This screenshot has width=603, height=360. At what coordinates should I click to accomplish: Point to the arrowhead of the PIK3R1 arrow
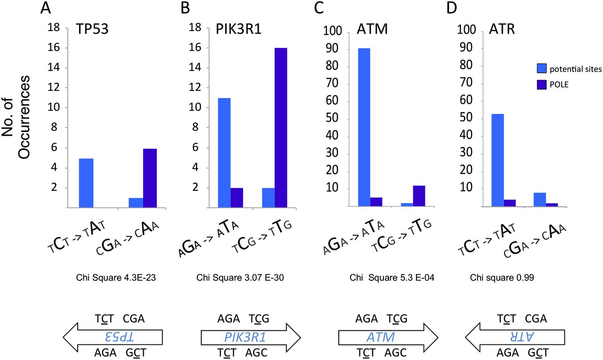tap(292, 336)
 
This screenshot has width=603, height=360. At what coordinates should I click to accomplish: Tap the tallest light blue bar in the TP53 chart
tap(86, 183)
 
